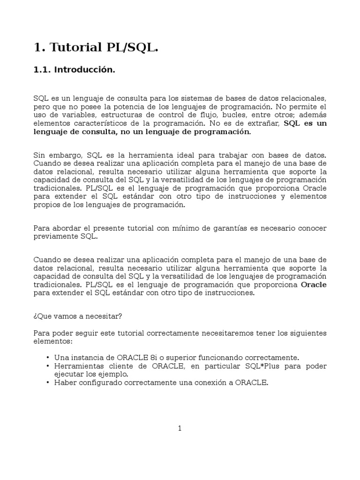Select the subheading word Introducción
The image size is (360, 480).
pos(84,70)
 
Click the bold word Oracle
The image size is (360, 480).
pos(314,285)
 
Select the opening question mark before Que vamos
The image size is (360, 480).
pos(35,316)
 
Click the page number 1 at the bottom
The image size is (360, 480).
pos(180,428)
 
